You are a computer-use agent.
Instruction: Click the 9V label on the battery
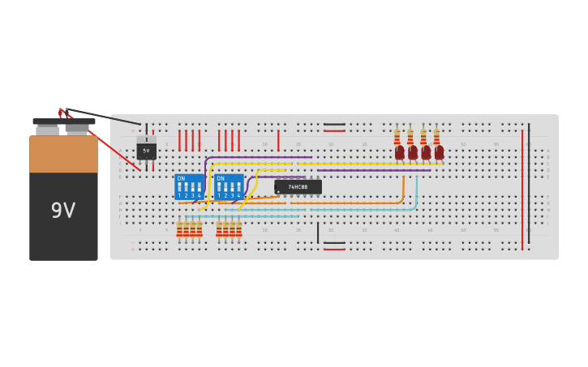tap(63, 211)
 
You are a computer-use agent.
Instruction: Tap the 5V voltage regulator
tap(146, 150)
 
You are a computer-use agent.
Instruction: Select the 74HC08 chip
tap(298, 187)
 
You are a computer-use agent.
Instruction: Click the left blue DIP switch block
tap(189, 187)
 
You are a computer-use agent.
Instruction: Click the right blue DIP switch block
tap(230, 187)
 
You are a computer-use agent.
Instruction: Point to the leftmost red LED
tap(400, 151)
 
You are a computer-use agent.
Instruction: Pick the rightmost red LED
tap(439, 151)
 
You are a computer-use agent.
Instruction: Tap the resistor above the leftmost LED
tap(397, 135)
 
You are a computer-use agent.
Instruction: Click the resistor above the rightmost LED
tap(436, 135)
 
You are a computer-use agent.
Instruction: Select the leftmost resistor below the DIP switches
tap(179, 229)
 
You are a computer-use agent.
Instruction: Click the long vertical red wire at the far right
tap(522, 186)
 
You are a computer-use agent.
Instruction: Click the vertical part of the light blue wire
tap(417, 192)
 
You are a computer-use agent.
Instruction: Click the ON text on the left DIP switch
tap(181, 178)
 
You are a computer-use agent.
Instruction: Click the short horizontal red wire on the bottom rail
tap(334, 249)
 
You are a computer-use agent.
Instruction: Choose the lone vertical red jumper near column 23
tap(278, 140)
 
